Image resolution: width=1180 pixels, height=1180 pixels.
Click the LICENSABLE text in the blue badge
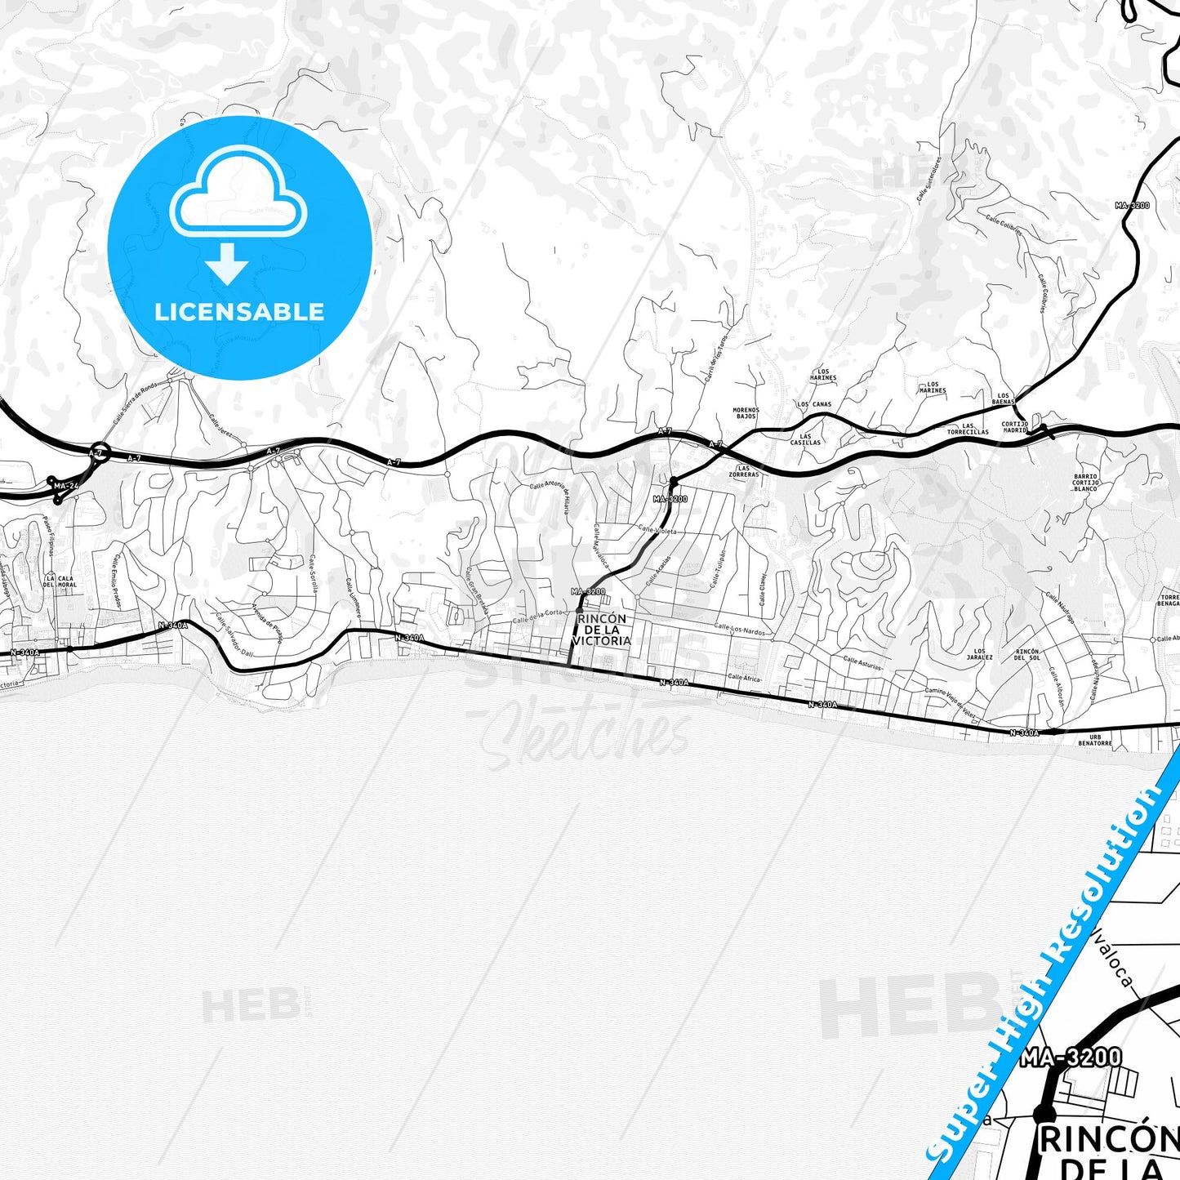(x=239, y=312)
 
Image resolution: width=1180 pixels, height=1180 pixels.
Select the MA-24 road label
(x=66, y=487)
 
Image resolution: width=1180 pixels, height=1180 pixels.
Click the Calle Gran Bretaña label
(x=477, y=590)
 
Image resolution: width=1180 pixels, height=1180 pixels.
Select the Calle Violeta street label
(x=657, y=530)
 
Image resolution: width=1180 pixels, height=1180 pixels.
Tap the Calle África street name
(x=744, y=678)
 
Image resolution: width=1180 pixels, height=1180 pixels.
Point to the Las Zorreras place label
(x=744, y=471)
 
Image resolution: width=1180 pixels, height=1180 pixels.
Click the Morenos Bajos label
(x=746, y=413)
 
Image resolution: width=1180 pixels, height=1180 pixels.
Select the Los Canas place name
(x=814, y=404)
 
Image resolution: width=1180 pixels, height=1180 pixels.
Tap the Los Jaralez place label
(x=980, y=654)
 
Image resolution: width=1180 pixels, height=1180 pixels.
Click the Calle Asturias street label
(x=862, y=663)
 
